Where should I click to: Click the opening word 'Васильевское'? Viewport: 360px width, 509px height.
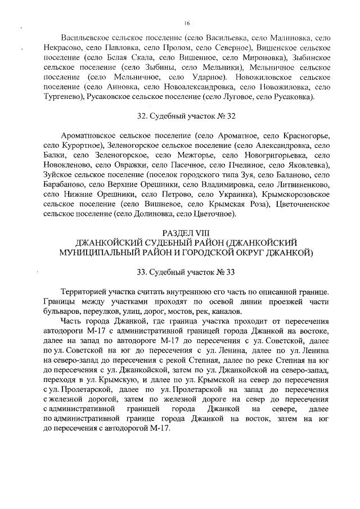tap(84, 38)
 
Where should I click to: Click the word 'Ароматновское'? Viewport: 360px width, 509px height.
tap(88, 136)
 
